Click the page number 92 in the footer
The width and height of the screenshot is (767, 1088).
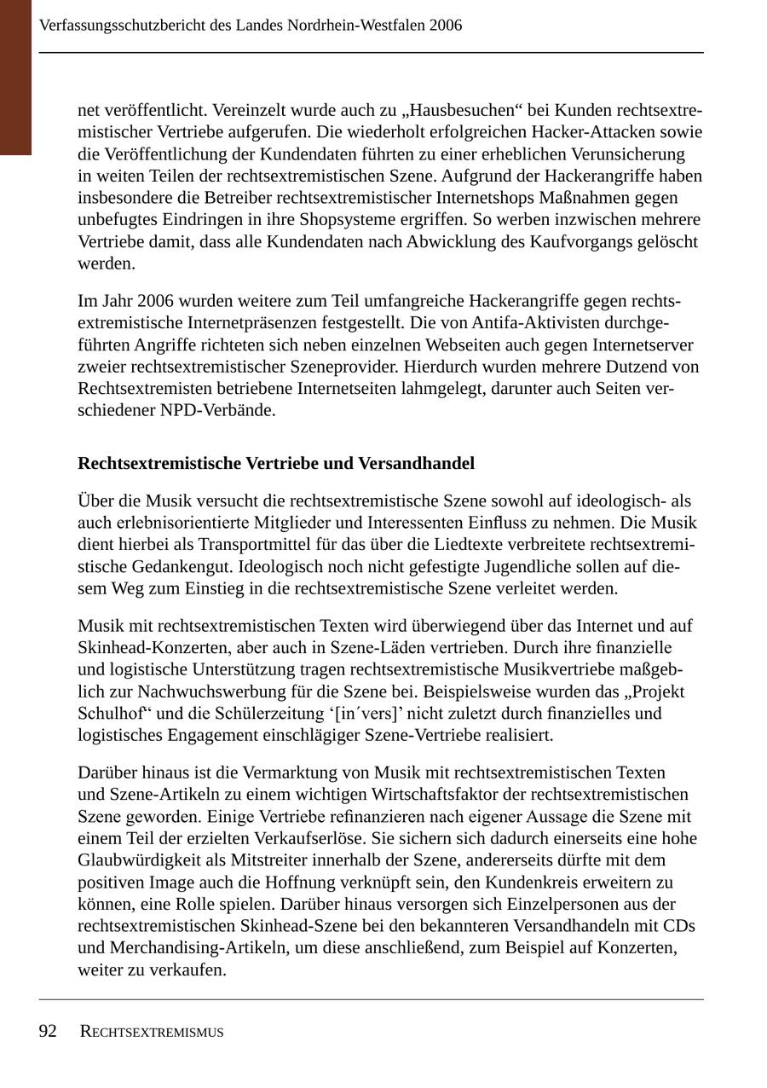pyautogui.click(x=48, y=1032)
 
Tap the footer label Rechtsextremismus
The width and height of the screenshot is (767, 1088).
pyautogui.click(x=152, y=1033)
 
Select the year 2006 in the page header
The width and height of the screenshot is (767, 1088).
pyautogui.click(x=446, y=26)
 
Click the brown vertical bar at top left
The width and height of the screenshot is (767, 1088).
pyautogui.click(x=15, y=77)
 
